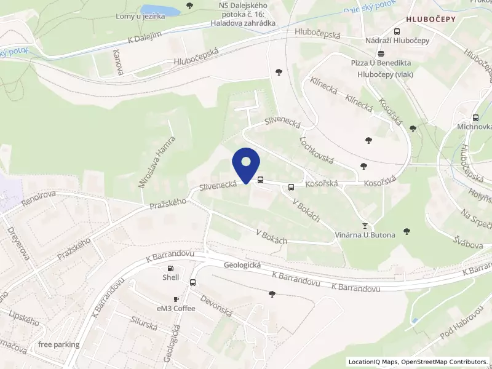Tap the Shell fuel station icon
click(x=170, y=268)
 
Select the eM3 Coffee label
click(x=176, y=308)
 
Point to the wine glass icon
click(x=365, y=226)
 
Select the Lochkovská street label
click(x=315, y=149)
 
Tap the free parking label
click(x=58, y=344)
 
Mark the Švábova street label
click(x=469, y=242)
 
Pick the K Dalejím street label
click(x=145, y=37)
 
